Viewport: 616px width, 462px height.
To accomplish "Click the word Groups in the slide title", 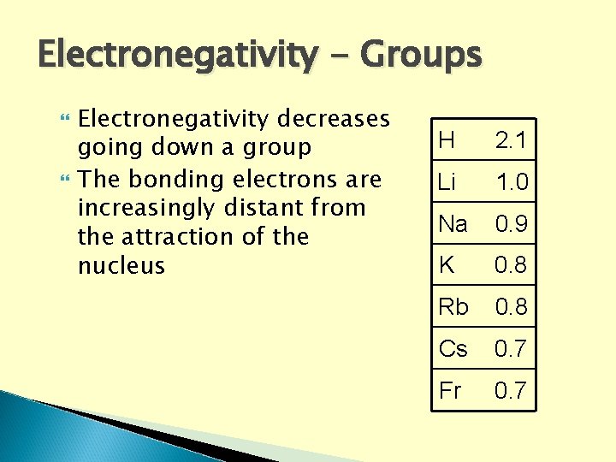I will [421, 56].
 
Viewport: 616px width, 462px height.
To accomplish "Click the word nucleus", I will [121, 265].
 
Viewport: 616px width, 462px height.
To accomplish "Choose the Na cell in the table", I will [453, 224].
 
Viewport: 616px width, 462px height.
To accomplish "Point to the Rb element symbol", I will [453, 307].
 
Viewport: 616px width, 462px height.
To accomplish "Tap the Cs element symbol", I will [453, 349].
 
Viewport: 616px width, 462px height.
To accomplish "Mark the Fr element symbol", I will [450, 391].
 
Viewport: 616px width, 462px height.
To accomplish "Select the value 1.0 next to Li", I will [511, 182].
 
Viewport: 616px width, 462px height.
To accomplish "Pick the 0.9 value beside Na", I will [511, 224].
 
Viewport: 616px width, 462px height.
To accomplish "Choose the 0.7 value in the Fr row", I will [511, 391].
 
